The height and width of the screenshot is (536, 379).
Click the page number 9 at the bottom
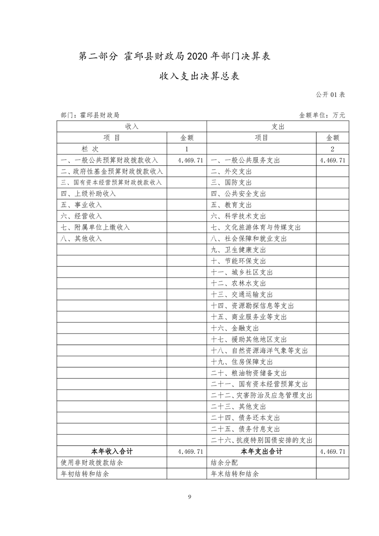click(x=190, y=497)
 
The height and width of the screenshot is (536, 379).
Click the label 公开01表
click(x=331, y=94)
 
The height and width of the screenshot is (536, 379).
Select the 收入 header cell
click(x=131, y=127)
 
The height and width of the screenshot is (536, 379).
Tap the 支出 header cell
click(x=278, y=127)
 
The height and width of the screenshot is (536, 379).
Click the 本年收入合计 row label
click(x=112, y=451)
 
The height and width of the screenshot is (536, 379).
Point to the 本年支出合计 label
click(x=261, y=451)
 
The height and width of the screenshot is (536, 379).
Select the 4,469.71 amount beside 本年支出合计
click(x=332, y=451)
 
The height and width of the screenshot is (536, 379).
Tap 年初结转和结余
click(x=85, y=474)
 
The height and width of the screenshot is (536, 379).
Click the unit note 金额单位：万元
click(x=322, y=115)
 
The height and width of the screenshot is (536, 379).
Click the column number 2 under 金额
click(x=332, y=149)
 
